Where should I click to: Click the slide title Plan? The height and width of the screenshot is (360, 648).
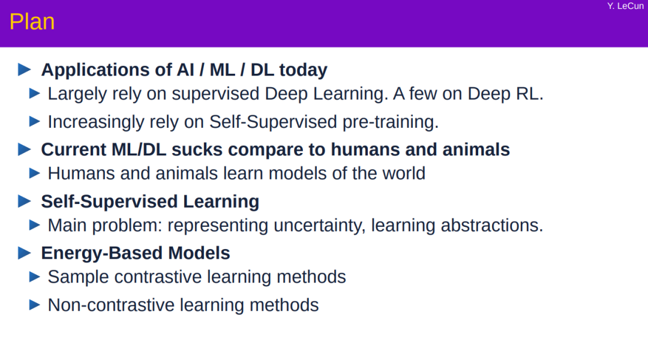pos(32,22)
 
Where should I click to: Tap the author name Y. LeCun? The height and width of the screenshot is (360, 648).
pos(625,6)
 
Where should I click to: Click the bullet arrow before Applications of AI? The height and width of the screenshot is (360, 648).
pos(25,70)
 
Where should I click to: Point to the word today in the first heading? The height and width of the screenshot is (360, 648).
pos(304,70)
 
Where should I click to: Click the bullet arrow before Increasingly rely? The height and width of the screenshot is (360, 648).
pos(35,122)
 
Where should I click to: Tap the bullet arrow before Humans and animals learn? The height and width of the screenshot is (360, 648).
pos(35,173)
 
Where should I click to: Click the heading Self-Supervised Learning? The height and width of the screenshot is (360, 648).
pos(150,202)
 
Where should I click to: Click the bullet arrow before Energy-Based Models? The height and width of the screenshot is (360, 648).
pos(25,253)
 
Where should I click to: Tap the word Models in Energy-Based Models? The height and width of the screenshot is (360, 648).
pos(199,253)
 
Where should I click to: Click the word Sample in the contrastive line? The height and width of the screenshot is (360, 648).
pos(79,277)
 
